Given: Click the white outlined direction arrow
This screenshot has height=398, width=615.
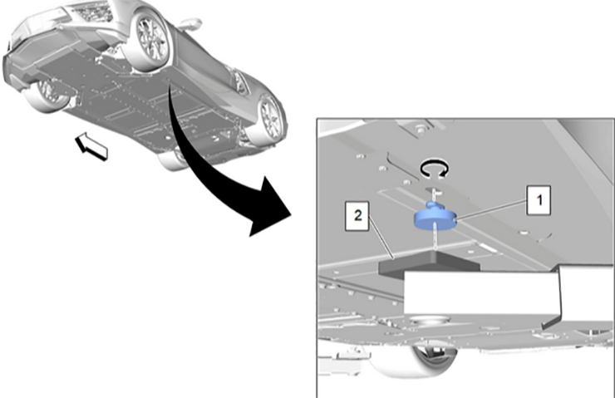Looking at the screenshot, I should [92, 149].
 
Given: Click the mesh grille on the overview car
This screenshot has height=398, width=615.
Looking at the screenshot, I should [92, 10].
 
